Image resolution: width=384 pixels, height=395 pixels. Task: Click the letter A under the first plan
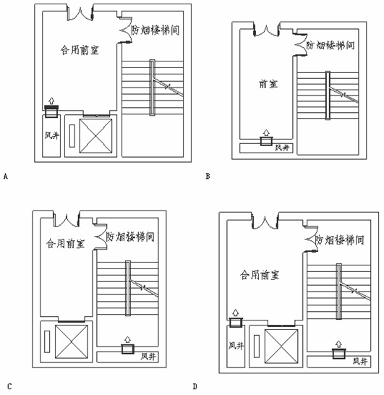tap(6, 177)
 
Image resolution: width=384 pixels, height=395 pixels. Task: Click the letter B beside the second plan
tap(208, 176)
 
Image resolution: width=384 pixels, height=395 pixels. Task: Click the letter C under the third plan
tap(9, 386)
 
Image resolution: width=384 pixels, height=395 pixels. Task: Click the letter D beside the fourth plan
tap(195, 386)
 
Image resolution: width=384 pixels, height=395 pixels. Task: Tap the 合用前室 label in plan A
tap(80, 50)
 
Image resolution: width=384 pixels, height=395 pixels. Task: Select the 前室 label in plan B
tap(268, 84)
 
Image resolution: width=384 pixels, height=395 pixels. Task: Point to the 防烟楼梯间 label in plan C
tap(130, 237)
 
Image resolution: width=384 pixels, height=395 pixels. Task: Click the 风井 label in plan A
tap(51, 135)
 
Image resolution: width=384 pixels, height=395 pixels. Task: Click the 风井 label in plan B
tap(282, 148)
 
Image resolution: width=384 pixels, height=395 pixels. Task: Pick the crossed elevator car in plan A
tap(95, 136)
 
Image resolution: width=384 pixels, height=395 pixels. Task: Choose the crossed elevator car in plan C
tap(72, 341)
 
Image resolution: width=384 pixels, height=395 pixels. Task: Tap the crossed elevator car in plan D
tap(281, 347)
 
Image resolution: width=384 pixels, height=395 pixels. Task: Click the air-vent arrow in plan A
tap(51, 101)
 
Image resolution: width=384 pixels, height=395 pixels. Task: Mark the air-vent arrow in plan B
tap(266, 133)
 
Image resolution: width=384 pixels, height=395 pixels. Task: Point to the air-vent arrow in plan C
tap(128, 339)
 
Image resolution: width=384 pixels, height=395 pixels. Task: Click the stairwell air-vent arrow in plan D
tap(338, 344)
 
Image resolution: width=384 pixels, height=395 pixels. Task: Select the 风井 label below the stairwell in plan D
tap(360, 362)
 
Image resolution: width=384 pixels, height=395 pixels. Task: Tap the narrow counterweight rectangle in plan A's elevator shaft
tap(72, 136)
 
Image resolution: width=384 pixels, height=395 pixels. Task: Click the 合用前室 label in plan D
tap(260, 275)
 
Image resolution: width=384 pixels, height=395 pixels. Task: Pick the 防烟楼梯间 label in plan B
tap(330, 46)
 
